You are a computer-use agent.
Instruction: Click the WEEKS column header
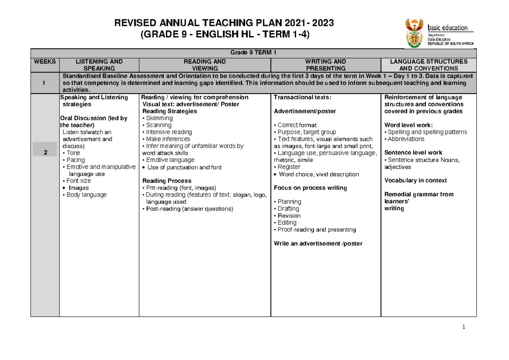coord(45,61)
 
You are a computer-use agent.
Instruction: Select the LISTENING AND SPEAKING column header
coord(99,65)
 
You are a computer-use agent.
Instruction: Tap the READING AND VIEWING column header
coord(205,65)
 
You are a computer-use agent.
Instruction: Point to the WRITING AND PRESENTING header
coord(326,65)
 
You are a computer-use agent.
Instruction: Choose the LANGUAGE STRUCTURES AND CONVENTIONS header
coord(428,65)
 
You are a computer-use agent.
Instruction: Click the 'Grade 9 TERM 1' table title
coord(253,53)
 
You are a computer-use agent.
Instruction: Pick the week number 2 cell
coord(45,153)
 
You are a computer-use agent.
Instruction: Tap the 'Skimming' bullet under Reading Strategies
coord(159,118)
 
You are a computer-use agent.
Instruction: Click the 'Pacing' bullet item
coord(75,160)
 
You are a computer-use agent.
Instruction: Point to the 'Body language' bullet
coord(85,195)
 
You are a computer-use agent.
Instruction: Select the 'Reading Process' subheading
coord(167,181)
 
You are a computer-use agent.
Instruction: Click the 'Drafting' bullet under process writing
coord(288,209)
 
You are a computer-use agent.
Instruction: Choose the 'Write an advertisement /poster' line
coord(318,243)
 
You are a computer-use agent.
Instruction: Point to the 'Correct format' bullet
coord(296,126)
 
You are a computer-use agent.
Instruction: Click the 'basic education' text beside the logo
coord(447,28)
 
